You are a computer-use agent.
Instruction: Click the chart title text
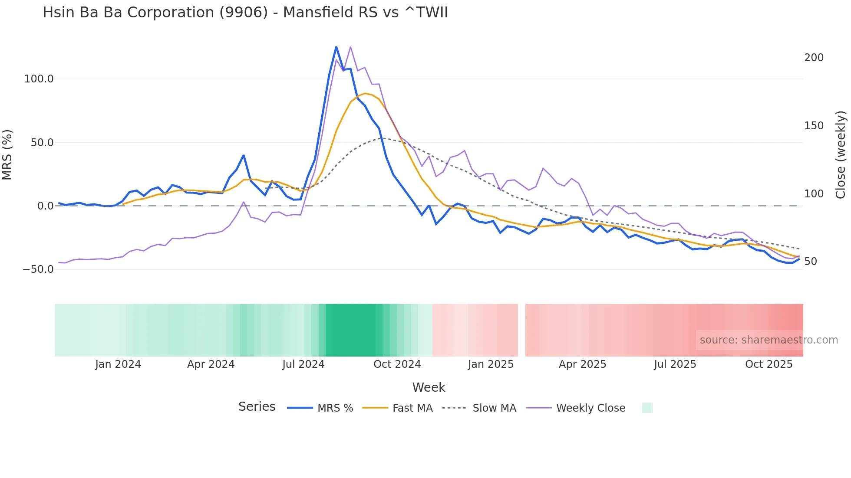pos(245,13)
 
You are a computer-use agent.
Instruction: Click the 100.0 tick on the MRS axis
pos(39,79)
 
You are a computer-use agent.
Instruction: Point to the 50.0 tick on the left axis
pos(42,143)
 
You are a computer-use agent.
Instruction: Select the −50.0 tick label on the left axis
pos(38,269)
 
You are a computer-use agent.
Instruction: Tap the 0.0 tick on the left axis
pos(45,206)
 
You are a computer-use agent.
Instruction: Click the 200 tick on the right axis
pos(814,58)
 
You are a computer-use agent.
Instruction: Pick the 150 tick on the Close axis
pos(814,126)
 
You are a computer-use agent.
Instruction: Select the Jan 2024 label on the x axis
pos(118,364)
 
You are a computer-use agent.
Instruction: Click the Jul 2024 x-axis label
pos(303,364)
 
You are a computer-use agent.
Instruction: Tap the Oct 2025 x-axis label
pos(769,364)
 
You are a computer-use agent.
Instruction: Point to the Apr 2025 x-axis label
pos(582,364)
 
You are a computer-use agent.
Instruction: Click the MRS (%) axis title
pos(7,155)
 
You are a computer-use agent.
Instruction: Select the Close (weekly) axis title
pos(841,155)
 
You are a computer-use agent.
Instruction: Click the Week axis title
pos(429,387)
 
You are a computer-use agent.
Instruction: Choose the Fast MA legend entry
pos(412,408)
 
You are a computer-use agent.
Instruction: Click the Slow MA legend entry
pos(494,408)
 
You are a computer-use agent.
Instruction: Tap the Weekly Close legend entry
pos(590,408)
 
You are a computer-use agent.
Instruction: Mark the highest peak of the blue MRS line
pos(336,47)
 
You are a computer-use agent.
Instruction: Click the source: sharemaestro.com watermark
pos(769,340)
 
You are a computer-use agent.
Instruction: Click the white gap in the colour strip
pos(521,330)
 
